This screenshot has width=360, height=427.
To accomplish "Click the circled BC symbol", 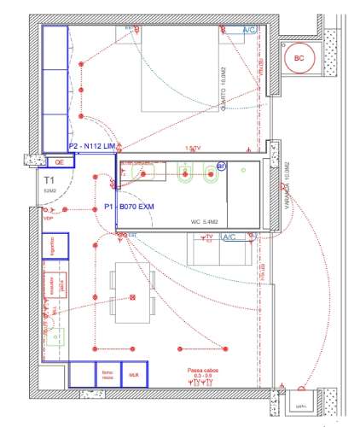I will point(299,58).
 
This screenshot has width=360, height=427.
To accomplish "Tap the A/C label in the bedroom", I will point(250,30).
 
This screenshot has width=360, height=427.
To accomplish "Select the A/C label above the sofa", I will point(228,237).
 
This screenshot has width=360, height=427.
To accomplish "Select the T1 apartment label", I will point(49,180).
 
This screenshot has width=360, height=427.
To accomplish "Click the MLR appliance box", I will point(134,374).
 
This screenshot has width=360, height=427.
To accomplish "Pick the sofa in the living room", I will point(221,253).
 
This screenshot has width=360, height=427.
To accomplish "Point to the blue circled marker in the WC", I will point(220,167).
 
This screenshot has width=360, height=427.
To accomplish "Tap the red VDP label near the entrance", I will point(48,219).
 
